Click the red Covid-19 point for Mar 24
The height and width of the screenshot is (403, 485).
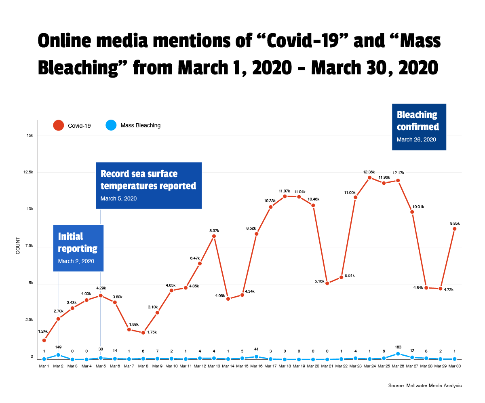click(370, 178)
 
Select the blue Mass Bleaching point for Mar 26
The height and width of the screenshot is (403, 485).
click(398, 354)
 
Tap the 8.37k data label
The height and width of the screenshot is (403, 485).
click(214, 230)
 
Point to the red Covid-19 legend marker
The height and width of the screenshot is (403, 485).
click(59, 126)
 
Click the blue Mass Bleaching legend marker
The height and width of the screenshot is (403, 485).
click(111, 126)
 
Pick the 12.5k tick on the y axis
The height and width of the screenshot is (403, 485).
click(28, 172)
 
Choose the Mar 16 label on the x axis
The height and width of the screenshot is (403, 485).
click(256, 366)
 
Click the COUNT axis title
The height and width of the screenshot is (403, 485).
click(18, 247)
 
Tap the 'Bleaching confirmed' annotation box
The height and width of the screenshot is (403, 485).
click(419, 127)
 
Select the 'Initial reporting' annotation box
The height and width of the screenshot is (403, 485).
click(78, 248)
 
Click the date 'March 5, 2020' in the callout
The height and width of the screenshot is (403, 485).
click(118, 198)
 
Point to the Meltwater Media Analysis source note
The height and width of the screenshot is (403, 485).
click(425, 386)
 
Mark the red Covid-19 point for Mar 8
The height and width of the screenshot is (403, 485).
click(143, 333)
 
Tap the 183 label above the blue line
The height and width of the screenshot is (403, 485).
click(398, 347)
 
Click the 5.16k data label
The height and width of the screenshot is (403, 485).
click(319, 281)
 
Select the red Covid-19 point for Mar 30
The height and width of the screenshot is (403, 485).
click(455, 229)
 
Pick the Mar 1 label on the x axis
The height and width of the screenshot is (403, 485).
click(44, 366)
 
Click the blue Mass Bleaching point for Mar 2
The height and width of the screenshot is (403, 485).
click(58, 355)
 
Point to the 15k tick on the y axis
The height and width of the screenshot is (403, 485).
click(30, 135)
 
